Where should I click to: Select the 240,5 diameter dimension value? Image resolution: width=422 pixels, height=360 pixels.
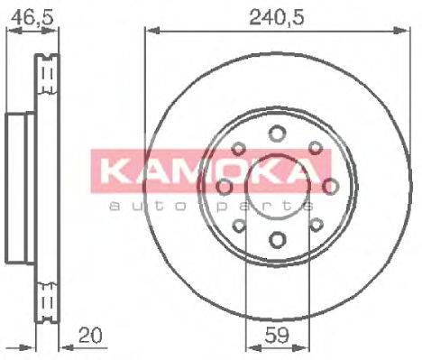[274, 15]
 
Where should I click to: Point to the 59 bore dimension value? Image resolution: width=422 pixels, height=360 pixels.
[277, 341]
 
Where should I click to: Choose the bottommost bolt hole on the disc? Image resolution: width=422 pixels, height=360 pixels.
[277, 239]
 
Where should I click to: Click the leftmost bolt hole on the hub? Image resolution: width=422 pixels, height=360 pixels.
[224, 186]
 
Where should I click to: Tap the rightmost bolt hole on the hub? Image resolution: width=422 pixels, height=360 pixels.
[330, 186]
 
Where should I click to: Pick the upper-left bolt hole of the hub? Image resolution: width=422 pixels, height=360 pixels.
[239, 149]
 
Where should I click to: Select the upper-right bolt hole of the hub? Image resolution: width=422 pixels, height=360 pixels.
[315, 149]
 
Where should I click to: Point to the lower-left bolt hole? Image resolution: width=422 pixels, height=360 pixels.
[239, 224]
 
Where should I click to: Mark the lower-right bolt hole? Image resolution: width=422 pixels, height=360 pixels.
[315, 224]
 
